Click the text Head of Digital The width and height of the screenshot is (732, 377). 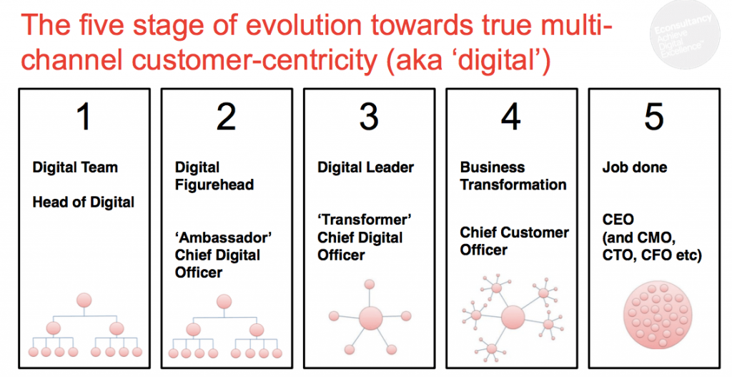point(83,202)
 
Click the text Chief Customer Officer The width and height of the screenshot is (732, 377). point(514,241)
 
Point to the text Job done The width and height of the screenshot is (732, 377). point(635,167)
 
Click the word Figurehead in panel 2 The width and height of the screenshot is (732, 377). point(214,185)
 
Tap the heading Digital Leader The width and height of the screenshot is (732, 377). point(365,167)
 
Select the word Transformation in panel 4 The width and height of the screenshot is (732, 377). point(513,185)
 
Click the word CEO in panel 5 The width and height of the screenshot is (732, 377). point(618,220)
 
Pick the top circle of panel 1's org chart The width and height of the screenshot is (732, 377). point(84,301)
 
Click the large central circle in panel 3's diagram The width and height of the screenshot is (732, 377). point(370,318)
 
